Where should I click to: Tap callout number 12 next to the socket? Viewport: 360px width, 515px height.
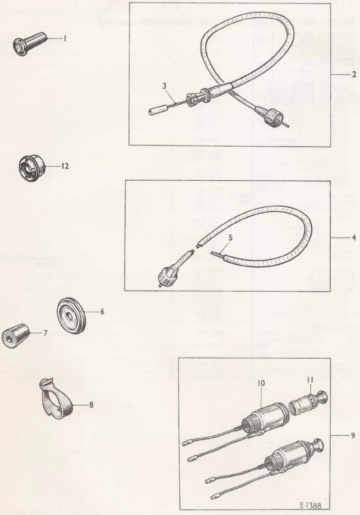point(65,166)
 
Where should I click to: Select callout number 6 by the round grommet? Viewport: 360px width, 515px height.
point(102,312)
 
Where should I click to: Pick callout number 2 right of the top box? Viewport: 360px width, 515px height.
point(354,75)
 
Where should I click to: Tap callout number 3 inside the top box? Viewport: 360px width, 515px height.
point(164,86)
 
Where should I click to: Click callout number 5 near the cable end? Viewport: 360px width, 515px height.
point(231,238)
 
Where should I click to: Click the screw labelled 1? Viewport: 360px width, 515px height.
point(30,43)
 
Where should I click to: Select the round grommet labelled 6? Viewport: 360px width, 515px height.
point(72,316)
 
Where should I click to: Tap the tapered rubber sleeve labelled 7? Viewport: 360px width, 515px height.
point(15,335)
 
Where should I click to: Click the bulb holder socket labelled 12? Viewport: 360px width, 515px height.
point(32,167)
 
